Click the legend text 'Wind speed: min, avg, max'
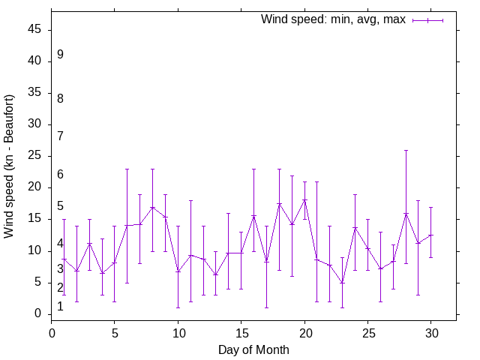(332, 19)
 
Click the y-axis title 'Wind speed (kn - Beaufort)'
(9, 166)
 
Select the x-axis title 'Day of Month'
(253, 349)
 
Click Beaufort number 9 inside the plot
(60, 55)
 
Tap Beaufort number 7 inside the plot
(60, 136)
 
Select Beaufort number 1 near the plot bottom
(60, 307)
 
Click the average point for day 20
(304, 199)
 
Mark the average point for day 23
(342, 283)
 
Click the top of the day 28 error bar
(406, 150)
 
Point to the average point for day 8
(152, 207)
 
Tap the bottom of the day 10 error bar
(178, 307)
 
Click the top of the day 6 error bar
(127, 169)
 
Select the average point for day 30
(430, 235)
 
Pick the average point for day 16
(253, 216)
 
